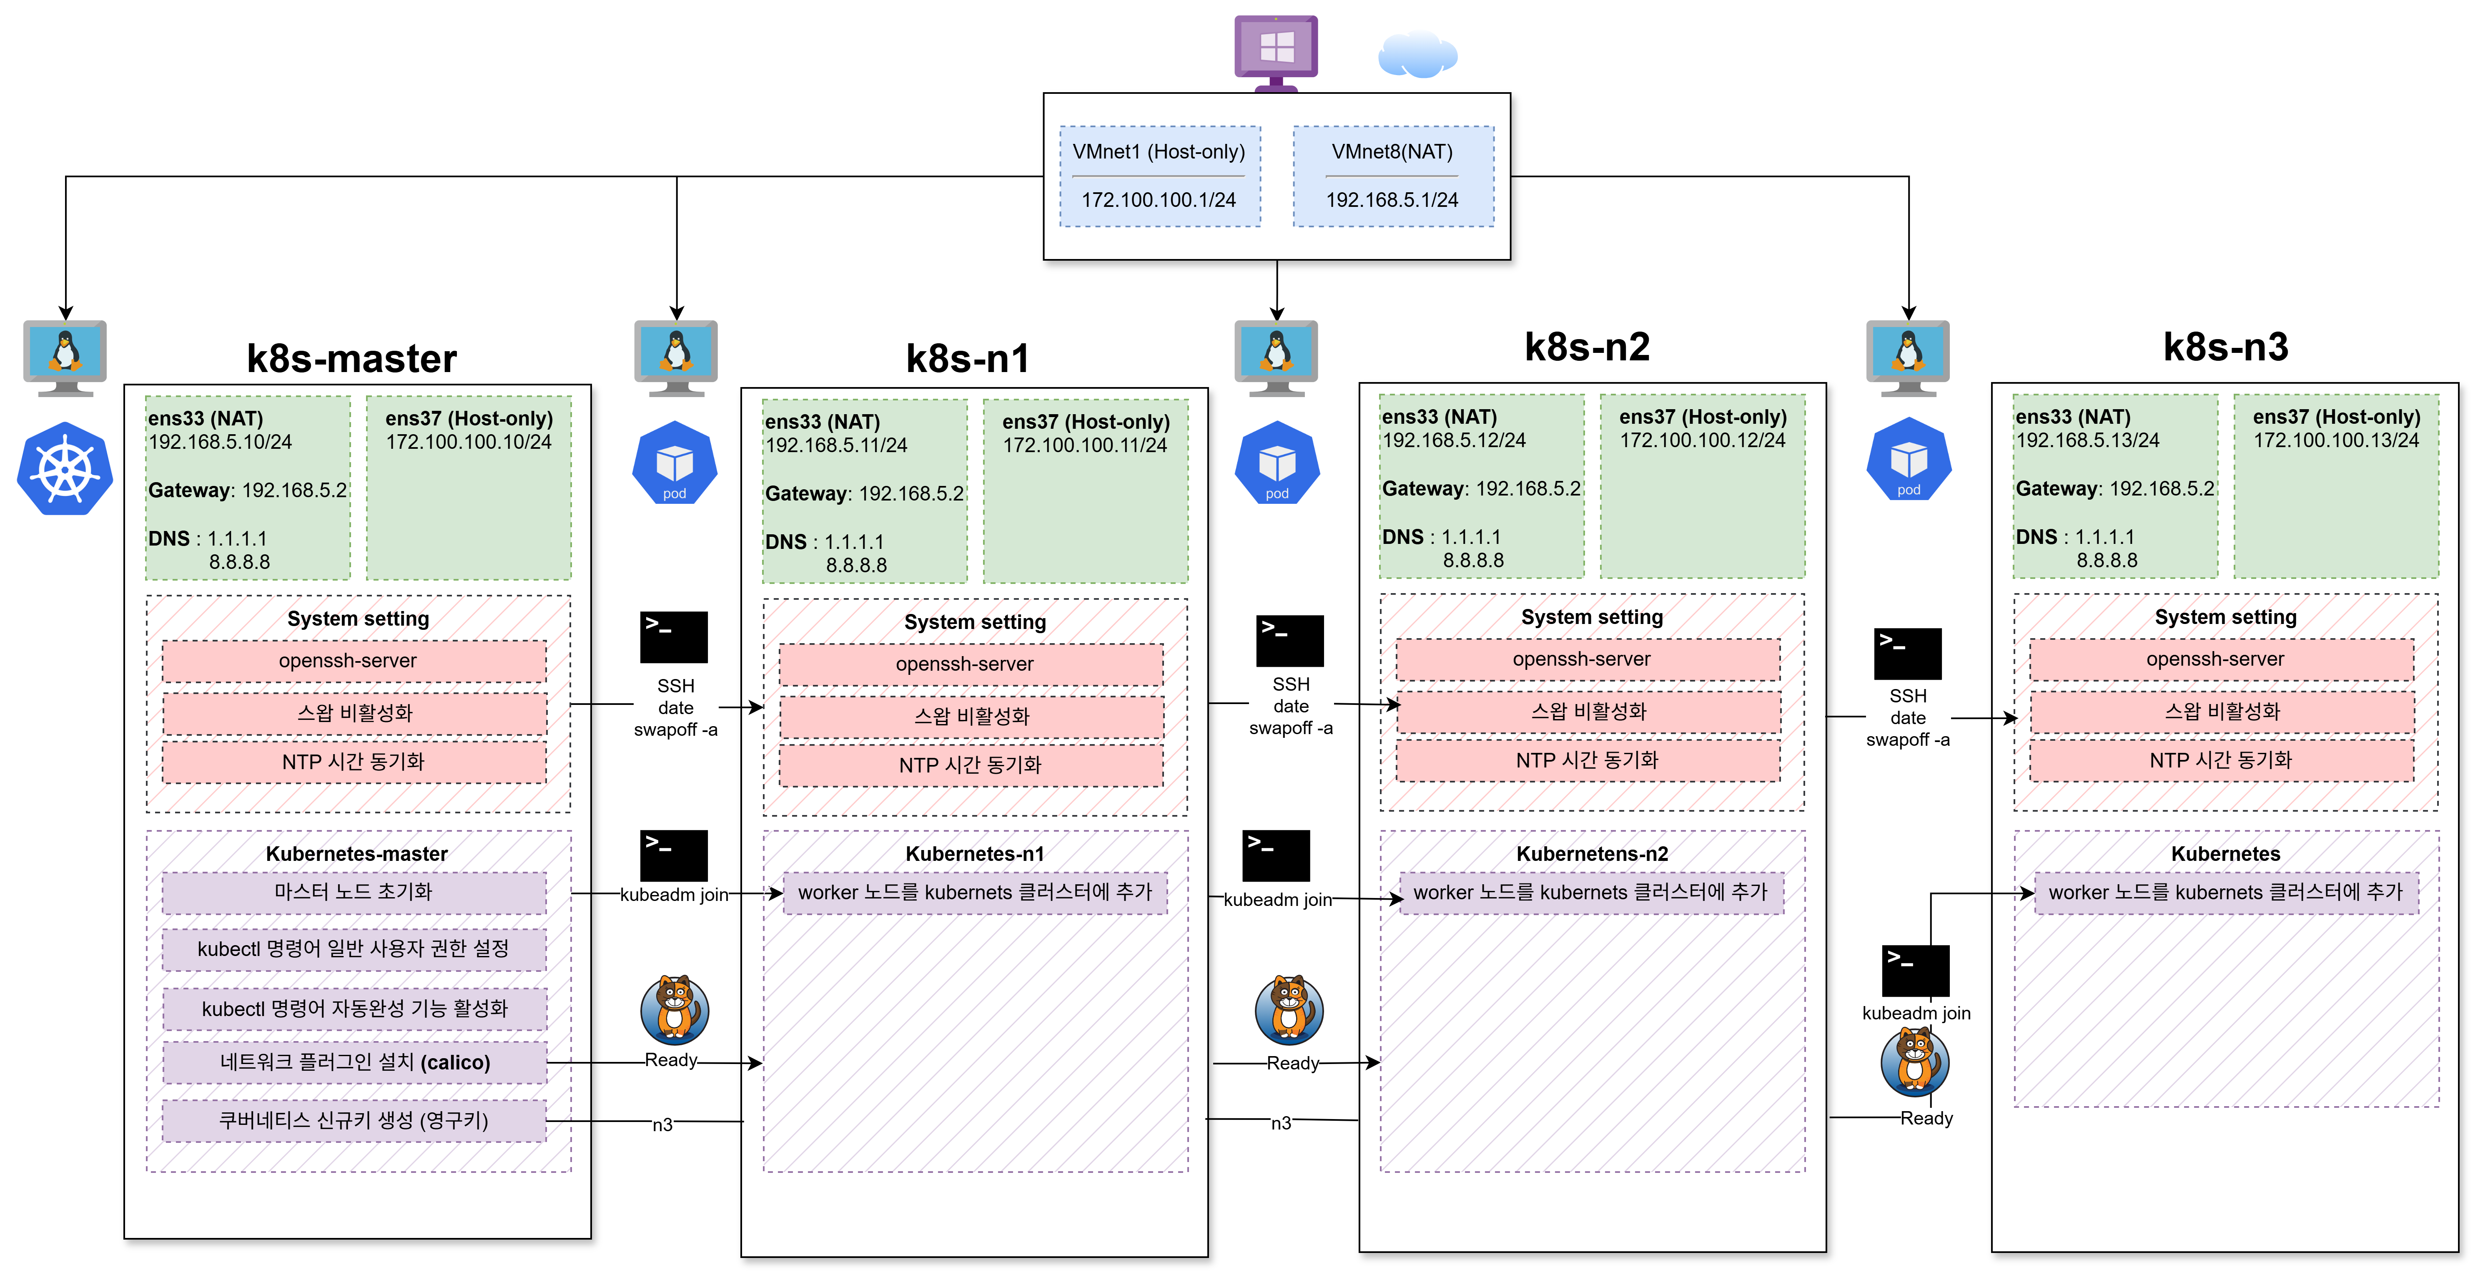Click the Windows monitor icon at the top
[1276, 53]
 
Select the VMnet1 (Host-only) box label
[1159, 152]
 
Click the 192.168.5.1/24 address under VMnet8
[1392, 200]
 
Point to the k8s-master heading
[351, 358]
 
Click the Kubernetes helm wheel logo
[65, 469]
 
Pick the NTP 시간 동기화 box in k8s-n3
[2222, 760]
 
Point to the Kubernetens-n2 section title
[1592, 854]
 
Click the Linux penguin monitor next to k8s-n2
[1276, 357]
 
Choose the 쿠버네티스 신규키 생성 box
[354, 1121]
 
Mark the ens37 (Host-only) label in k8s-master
[469, 418]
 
